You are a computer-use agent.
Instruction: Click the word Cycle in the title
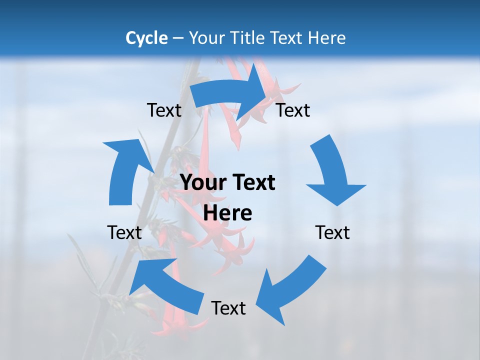coord(146,38)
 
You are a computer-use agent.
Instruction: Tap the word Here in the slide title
coord(326,38)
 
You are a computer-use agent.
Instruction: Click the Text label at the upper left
coord(164,110)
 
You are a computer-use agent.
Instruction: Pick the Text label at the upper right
coord(293,110)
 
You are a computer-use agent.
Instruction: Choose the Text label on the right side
coord(332,232)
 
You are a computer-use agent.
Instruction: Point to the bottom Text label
coord(228,308)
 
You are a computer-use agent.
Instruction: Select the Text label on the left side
coord(124,232)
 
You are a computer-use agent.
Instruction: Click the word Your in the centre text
coord(201,182)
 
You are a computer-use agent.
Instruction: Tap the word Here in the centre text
coord(227,213)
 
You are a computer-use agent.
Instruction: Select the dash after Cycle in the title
coord(178,38)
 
